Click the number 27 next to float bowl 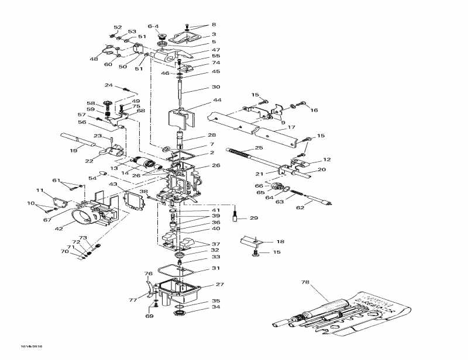(220, 285)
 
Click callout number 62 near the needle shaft (301, 207)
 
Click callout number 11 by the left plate (40, 190)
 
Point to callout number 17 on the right (291, 127)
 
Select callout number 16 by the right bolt (314, 110)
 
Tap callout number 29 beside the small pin (253, 218)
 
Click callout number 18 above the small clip (280, 241)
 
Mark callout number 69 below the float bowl (150, 316)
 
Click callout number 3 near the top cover (214, 34)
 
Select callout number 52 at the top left (118, 27)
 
